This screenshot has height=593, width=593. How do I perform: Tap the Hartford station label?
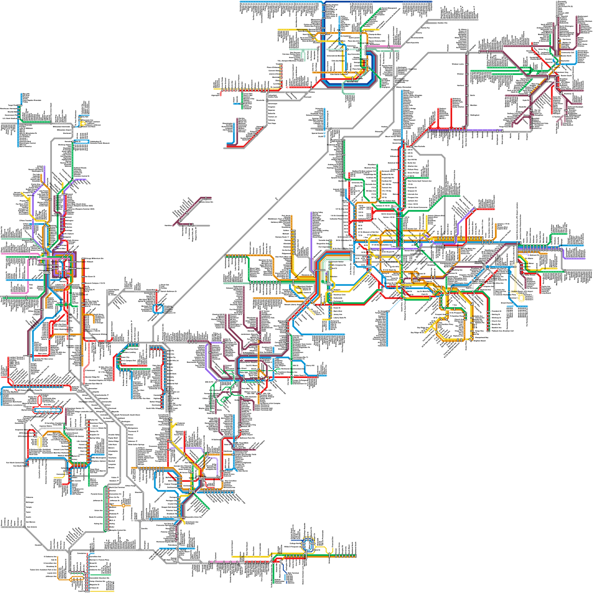[460, 86]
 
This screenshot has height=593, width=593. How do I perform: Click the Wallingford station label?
[475, 115]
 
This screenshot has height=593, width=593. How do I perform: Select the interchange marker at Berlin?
[467, 95]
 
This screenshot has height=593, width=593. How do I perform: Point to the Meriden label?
[474, 105]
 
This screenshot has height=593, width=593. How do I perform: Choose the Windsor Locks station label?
[458, 64]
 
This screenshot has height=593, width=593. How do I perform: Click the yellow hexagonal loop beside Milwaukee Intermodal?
[83, 123]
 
